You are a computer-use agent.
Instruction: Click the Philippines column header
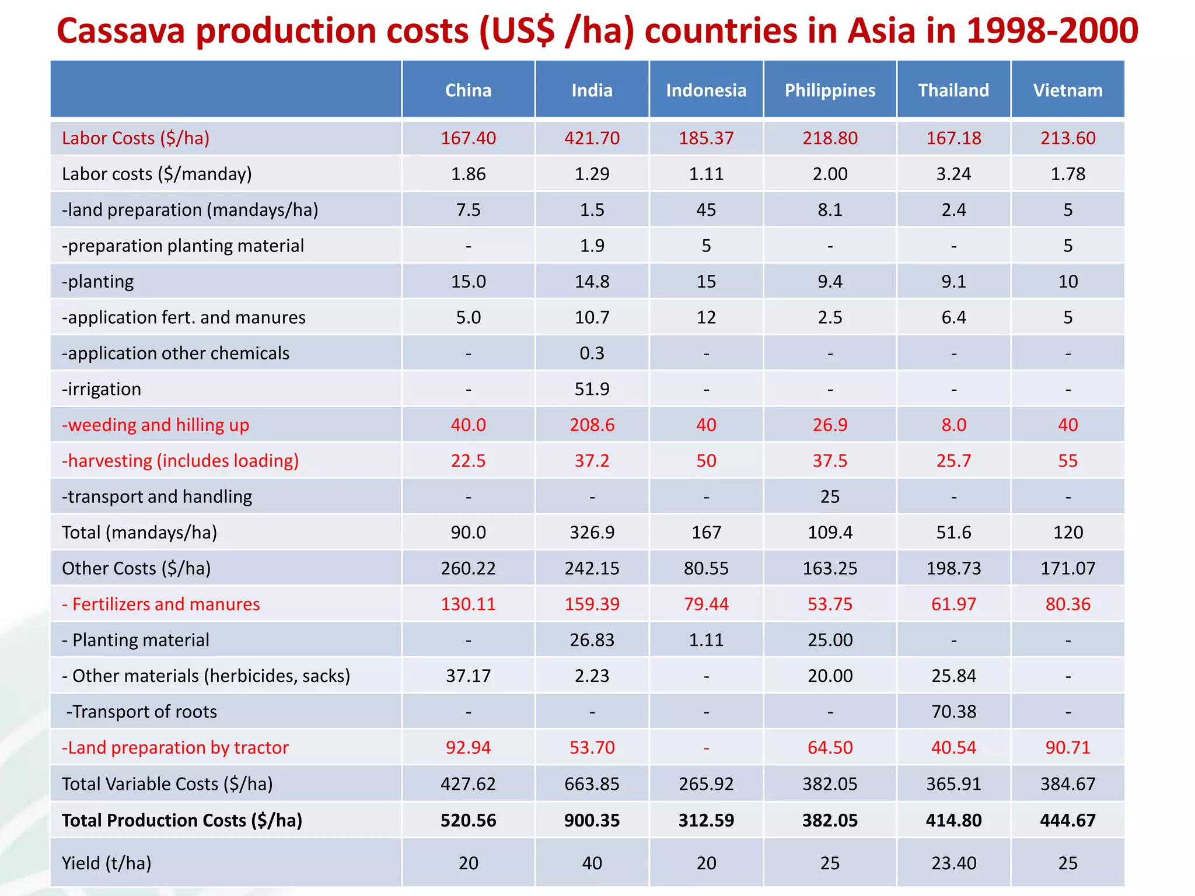830,90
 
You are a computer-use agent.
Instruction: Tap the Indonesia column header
706,90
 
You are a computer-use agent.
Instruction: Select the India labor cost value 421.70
592,138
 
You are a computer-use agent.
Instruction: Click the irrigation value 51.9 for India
592,389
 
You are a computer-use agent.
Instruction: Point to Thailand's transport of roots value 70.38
953,712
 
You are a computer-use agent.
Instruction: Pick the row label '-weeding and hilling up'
155,425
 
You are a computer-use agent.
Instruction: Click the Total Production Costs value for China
468,820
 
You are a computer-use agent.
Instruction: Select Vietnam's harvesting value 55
1068,461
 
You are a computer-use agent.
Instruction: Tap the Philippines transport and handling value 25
830,497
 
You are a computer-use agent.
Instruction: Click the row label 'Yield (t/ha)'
106,863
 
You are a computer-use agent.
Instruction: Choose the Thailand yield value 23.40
953,863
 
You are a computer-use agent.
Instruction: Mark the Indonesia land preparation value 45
706,210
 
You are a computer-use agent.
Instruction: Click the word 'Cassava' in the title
121,31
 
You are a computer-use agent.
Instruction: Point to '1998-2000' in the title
1052,31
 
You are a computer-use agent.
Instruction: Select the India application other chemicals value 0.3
592,353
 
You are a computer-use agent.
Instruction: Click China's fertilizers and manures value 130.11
468,604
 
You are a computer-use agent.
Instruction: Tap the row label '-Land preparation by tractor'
175,748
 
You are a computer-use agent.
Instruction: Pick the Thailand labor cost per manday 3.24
953,174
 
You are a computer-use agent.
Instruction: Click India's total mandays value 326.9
592,533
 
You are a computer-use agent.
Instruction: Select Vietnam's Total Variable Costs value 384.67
1068,784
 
